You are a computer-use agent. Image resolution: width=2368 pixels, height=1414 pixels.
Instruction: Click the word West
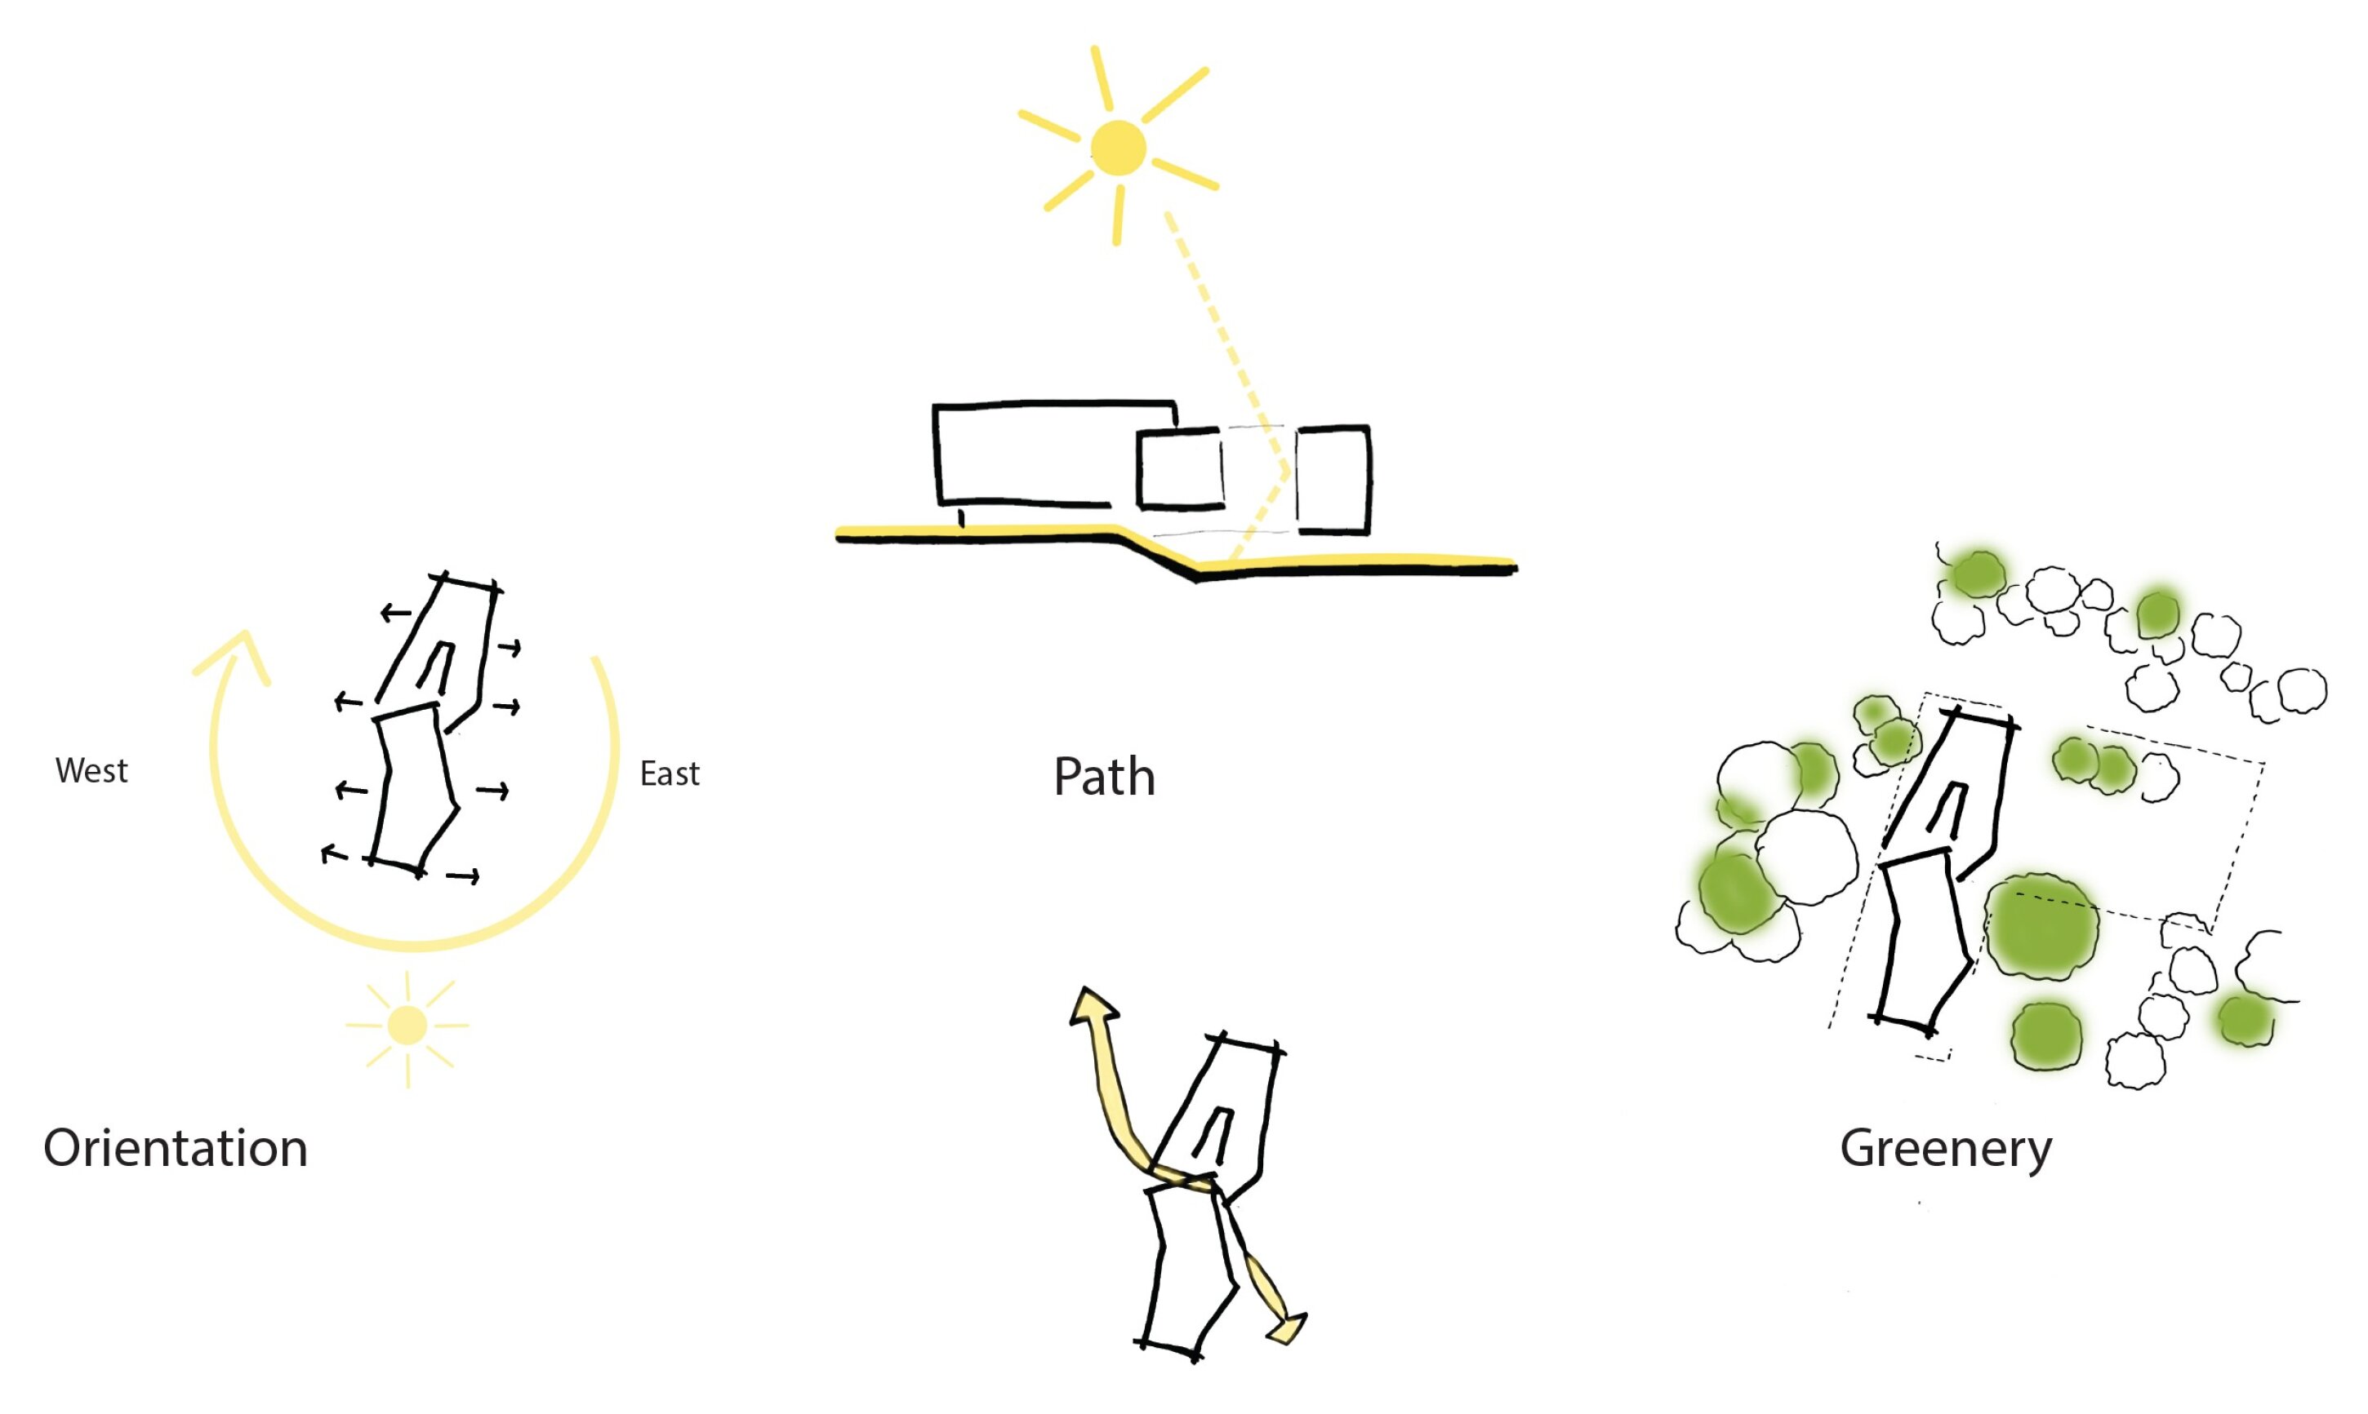[x=91, y=770]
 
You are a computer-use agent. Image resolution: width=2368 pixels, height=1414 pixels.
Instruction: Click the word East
[x=670, y=773]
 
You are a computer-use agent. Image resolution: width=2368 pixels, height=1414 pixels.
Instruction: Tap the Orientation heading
[x=176, y=1147]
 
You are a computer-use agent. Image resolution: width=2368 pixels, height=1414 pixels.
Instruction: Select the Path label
[x=1104, y=777]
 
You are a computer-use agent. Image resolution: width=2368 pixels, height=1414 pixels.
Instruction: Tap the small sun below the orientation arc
[x=408, y=1026]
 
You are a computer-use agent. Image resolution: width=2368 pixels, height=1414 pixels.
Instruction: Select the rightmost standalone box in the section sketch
[x=1333, y=479]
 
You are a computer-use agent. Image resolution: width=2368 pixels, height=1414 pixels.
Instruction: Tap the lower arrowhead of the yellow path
[x=1288, y=1328]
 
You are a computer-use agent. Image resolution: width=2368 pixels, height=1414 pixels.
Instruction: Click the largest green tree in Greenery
[x=2043, y=926]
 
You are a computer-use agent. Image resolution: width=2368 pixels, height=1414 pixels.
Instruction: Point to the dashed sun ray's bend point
[x=1288, y=471]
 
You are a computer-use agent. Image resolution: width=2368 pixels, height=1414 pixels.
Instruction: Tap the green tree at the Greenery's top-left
[x=1976, y=574]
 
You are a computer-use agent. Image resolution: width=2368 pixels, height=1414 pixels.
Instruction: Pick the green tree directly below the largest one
[x=2047, y=1035]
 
